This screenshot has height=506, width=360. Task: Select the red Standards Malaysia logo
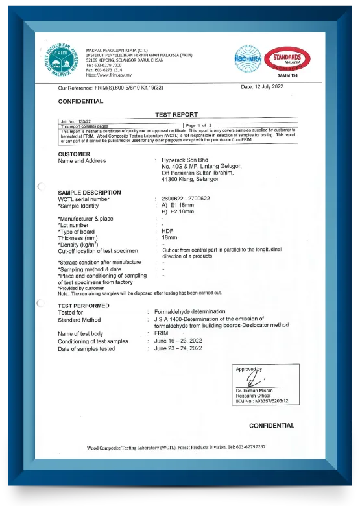(287, 58)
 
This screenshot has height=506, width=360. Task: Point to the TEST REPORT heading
(176, 114)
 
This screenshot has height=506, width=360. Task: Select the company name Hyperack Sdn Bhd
(187, 160)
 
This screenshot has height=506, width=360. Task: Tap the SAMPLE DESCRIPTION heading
(90, 192)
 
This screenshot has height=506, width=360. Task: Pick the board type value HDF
(167, 231)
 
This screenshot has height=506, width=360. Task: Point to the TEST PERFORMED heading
(84, 306)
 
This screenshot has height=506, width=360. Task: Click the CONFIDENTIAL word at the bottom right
(272, 426)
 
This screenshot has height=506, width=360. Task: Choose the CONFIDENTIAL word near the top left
(80, 101)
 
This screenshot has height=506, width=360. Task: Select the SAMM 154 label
(287, 76)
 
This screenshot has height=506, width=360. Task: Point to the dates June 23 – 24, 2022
(178, 348)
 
